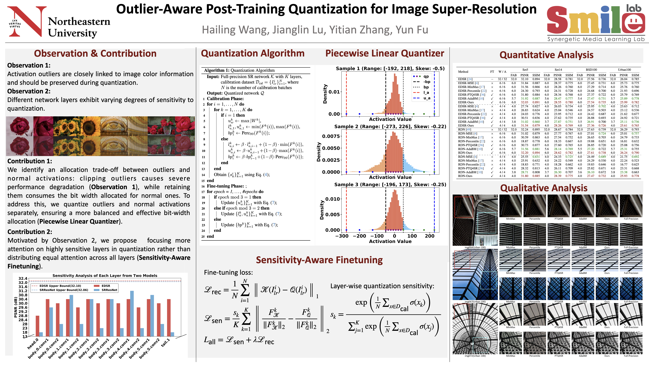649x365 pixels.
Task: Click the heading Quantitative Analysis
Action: pyautogui.click(x=546, y=55)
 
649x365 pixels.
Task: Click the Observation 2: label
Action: pyautogui.click(x=29, y=91)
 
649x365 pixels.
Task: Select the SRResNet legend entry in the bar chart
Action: pyautogui.click(x=109, y=290)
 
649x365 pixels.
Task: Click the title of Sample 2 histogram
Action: pyautogui.click(x=390, y=126)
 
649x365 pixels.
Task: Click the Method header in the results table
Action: pyautogui.click(x=463, y=72)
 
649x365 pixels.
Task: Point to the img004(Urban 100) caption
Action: pyautogui.click(x=475, y=247)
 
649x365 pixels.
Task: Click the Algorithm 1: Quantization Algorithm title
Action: pyautogui.click(x=239, y=70)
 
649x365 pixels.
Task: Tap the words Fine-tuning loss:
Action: pyautogui.click(x=228, y=273)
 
